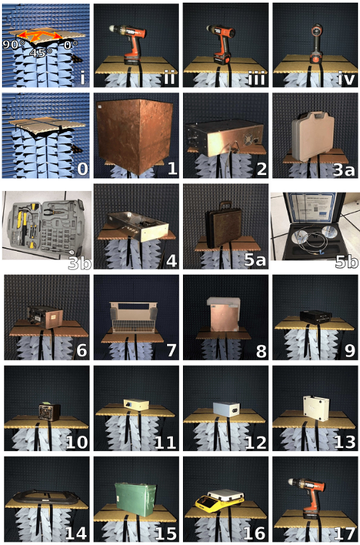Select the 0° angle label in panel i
[68, 45]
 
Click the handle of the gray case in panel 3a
[313, 115]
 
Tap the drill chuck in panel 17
[293, 482]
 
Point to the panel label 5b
[346, 262]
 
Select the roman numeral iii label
[256, 79]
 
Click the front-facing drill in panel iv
[316, 43]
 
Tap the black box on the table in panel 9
[315, 317]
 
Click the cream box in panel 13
[316, 408]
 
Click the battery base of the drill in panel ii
[132, 60]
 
